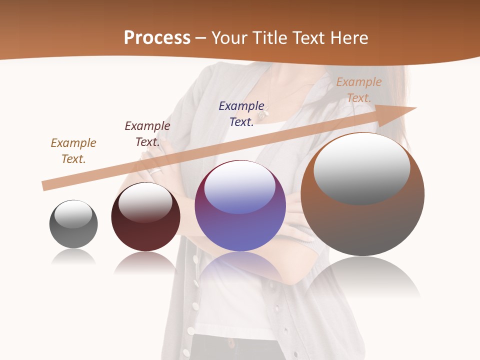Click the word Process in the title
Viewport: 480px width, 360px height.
click(157, 37)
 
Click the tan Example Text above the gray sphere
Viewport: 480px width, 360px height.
click(73, 151)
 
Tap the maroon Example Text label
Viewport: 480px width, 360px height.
click(147, 134)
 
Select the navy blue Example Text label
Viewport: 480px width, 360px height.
click(241, 114)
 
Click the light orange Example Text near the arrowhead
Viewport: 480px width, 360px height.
click(359, 90)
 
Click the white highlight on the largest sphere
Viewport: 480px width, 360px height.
click(361, 167)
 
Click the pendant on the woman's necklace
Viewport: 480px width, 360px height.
click(262, 114)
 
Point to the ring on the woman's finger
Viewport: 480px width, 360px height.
click(156, 170)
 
